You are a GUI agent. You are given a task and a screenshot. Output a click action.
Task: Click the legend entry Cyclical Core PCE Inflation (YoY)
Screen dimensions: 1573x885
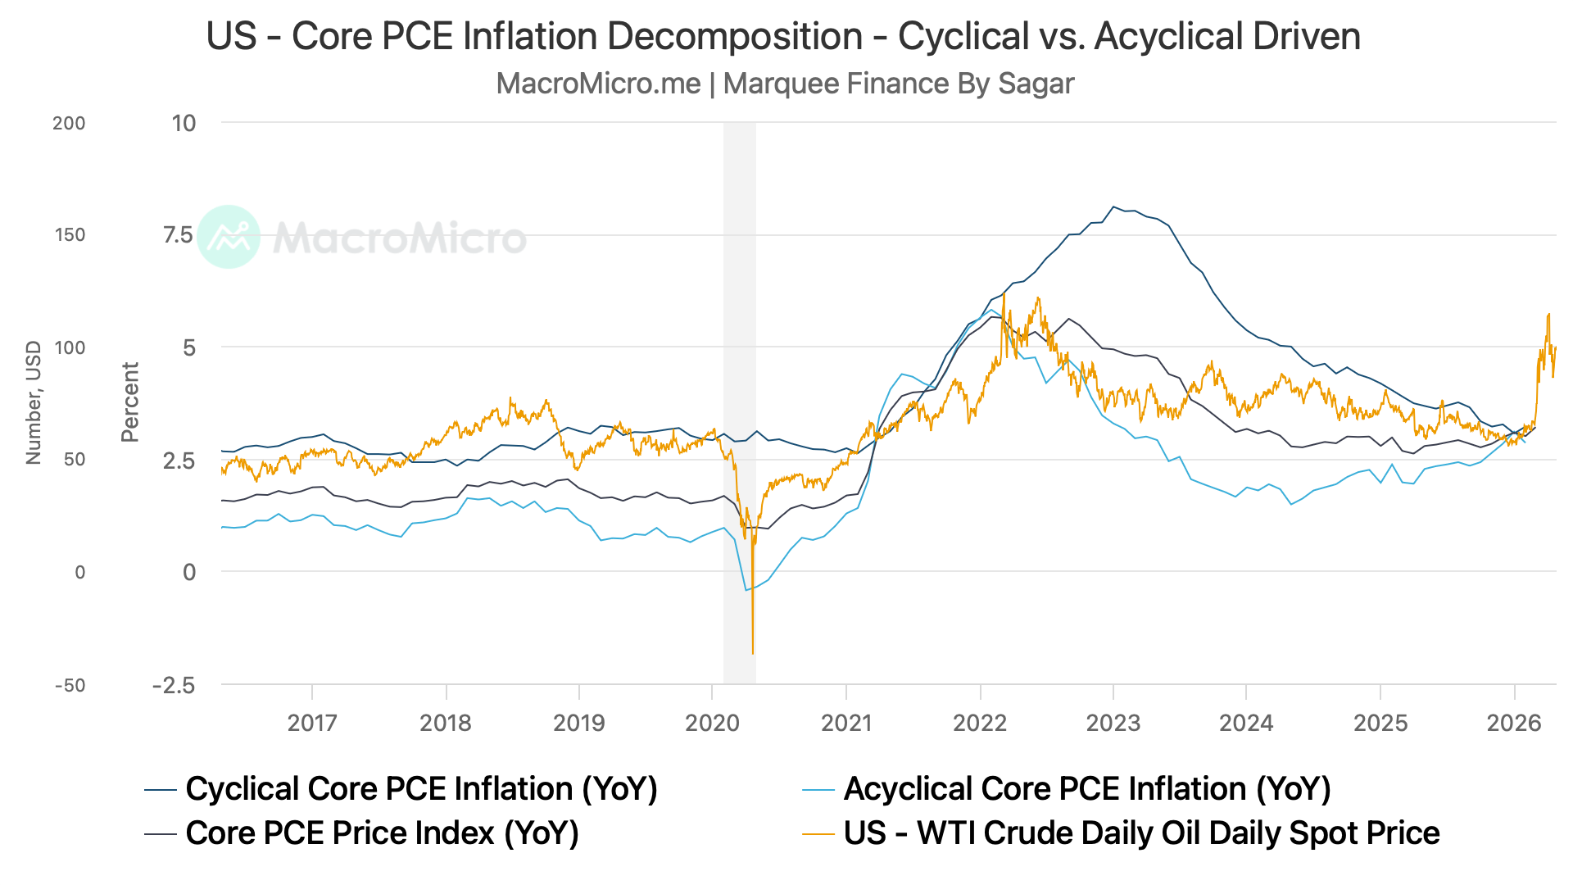pos(401,789)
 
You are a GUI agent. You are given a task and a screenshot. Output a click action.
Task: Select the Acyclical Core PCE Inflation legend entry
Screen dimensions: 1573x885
pos(1067,789)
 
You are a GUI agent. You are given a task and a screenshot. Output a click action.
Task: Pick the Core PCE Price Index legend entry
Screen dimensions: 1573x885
pos(362,833)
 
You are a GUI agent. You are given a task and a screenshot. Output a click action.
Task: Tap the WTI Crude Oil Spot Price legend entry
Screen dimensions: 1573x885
pos(1121,833)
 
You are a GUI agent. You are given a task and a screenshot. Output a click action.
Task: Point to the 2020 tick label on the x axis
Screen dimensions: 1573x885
pos(712,723)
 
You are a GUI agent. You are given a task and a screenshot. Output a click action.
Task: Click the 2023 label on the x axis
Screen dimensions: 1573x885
pos(1113,723)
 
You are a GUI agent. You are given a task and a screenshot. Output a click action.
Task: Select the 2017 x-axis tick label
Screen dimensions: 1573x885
pos(312,723)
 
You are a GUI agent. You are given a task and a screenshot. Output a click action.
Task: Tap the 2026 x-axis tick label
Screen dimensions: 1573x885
pos(1514,723)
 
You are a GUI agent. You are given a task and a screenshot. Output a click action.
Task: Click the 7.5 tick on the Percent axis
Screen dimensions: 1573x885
pos(179,235)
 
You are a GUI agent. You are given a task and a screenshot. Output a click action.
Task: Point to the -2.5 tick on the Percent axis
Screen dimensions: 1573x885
pos(174,685)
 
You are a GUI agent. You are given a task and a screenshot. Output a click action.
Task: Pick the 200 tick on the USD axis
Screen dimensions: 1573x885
pos(69,123)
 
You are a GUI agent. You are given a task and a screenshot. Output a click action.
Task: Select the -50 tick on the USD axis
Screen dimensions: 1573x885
pos(70,685)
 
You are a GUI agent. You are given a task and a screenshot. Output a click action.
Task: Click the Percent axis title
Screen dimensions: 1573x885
pos(130,402)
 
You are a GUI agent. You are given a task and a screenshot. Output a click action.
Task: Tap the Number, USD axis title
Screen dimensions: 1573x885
pos(34,402)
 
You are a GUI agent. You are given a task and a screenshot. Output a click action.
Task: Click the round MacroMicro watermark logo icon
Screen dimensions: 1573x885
pos(229,237)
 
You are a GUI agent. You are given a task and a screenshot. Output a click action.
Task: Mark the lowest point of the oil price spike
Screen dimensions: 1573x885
pos(753,654)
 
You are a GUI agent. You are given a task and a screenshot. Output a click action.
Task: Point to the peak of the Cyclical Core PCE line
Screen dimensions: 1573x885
pos(1113,206)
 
